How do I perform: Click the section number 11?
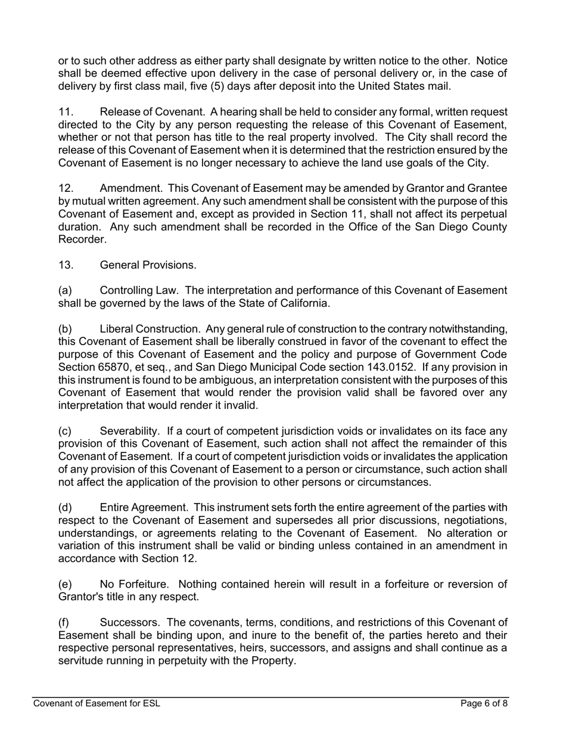click(66, 111)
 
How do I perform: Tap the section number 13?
click(66, 265)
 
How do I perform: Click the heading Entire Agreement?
click(143, 507)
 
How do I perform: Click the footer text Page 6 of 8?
click(484, 703)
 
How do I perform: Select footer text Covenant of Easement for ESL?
click(97, 703)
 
